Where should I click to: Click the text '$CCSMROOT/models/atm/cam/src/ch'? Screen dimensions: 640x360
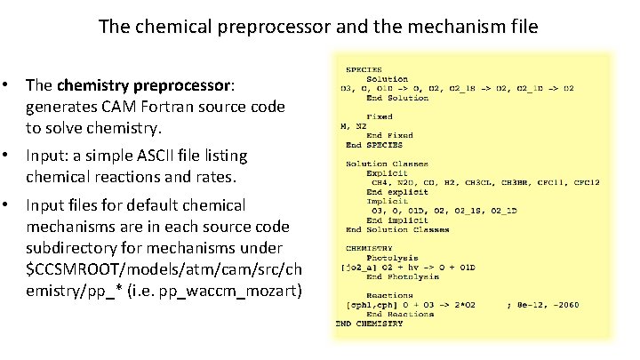(x=165, y=270)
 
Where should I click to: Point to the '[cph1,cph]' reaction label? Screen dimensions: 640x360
(x=367, y=305)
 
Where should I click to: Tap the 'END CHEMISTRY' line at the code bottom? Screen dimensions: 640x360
(x=369, y=324)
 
